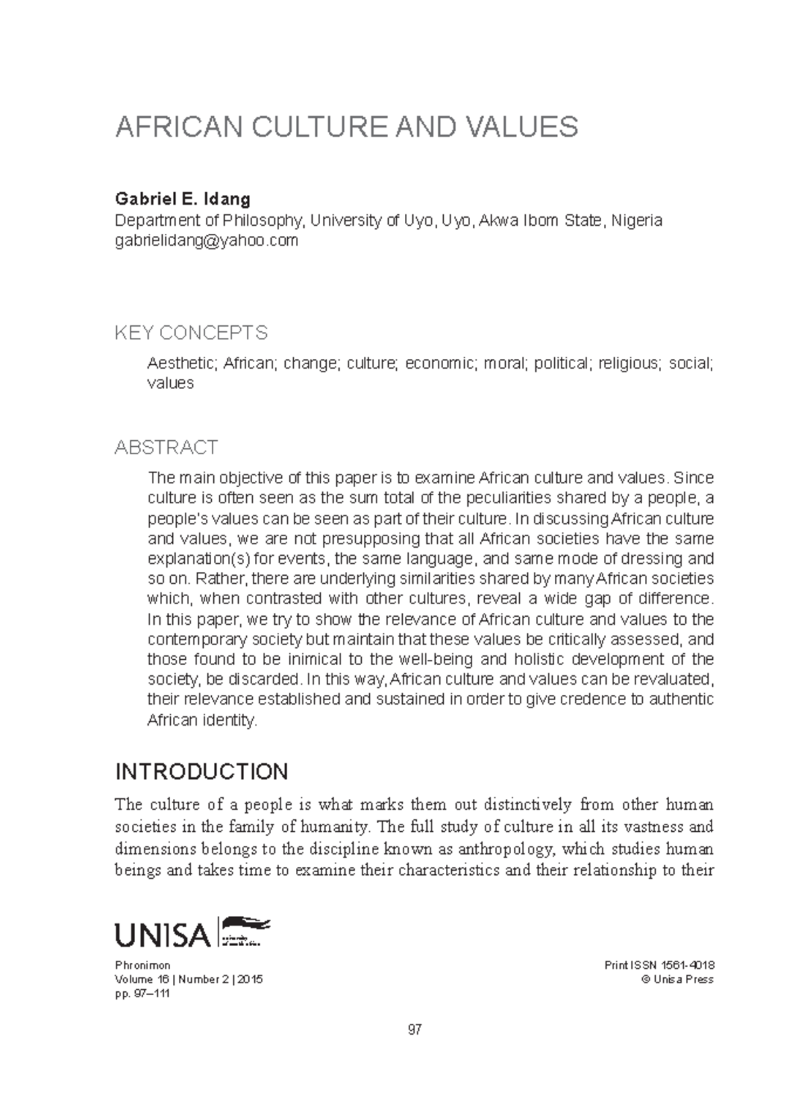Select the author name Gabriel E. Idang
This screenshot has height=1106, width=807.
click(x=183, y=199)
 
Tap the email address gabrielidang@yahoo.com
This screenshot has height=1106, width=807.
click(x=206, y=241)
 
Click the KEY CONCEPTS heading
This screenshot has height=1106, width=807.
click(x=191, y=333)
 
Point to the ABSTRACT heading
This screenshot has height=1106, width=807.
click(x=166, y=448)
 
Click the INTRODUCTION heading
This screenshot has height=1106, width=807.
click(x=202, y=771)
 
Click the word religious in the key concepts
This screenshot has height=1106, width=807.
click(x=629, y=364)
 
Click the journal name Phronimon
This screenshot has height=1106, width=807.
click(x=143, y=966)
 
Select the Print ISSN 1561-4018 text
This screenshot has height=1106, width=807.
click(x=659, y=966)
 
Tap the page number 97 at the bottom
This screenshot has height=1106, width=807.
click(x=414, y=1029)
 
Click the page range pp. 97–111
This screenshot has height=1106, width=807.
click(x=143, y=993)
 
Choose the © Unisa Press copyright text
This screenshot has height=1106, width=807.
click(x=677, y=980)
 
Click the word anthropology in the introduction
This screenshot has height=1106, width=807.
click(x=507, y=849)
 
